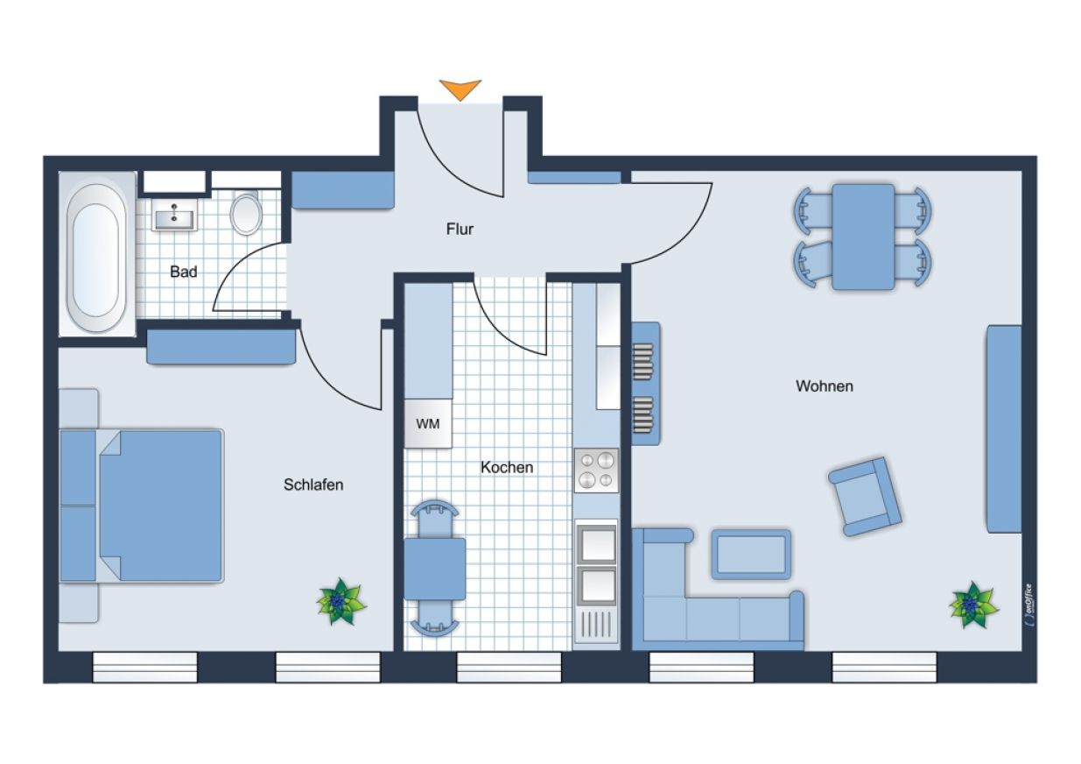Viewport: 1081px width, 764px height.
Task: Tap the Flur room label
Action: (x=460, y=229)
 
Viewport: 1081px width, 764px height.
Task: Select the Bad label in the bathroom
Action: (x=184, y=272)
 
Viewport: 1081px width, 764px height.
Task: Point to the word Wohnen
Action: (x=825, y=386)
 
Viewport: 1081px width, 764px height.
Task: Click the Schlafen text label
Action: (x=313, y=485)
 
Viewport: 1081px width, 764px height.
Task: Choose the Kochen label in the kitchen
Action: (x=507, y=467)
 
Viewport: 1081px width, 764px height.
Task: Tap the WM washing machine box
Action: (x=428, y=423)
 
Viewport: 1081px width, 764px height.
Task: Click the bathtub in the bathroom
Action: (x=96, y=254)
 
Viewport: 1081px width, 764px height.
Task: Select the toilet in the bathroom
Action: (x=246, y=213)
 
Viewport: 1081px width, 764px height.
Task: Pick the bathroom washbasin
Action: (x=173, y=215)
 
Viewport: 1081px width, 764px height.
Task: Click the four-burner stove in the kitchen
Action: (x=596, y=470)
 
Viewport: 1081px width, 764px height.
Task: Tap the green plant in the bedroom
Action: (x=341, y=601)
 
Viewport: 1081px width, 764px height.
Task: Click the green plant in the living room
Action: (x=973, y=605)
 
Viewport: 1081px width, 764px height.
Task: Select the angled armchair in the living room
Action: (x=865, y=497)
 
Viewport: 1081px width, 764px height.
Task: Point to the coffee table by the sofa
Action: (x=751, y=554)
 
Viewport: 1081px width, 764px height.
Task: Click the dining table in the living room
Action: (x=863, y=237)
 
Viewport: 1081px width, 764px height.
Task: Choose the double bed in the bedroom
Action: (x=142, y=506)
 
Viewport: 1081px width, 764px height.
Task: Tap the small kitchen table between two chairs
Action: (x=435, y=569)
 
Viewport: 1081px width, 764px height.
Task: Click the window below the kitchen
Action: (x=509, y=667)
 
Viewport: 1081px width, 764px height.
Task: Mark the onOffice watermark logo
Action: (x=1028, y=605)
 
